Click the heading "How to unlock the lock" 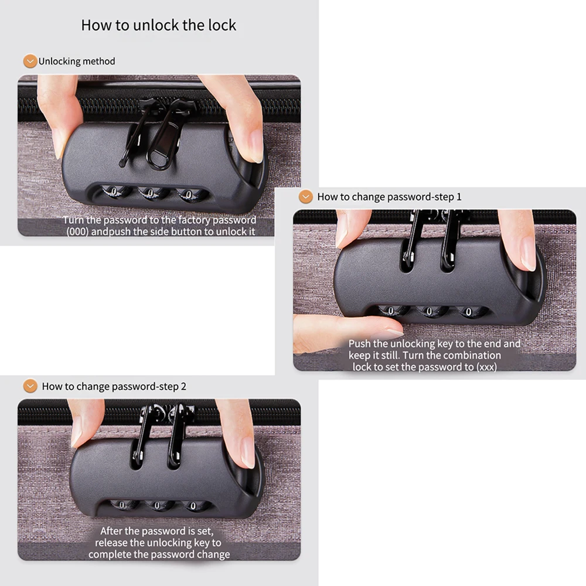click(158, 26)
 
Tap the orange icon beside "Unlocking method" click(30, 61)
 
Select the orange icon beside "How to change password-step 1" click(305, 197)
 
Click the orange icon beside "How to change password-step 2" click(30, 386)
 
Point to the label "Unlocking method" click(77, 62)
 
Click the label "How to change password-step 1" click(389, 197)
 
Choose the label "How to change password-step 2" click(114, 387)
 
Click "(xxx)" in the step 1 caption click(484, 367)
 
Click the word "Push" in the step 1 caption click(360, 344)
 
